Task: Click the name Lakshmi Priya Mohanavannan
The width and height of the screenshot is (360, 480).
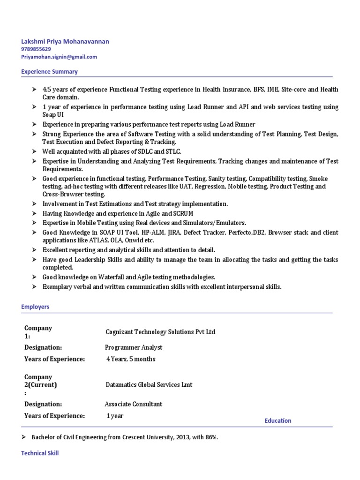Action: click(x=65, y=41)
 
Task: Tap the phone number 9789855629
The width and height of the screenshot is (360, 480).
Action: click(x=36, y=49)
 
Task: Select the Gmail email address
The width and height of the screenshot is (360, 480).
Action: click(x=59, y=57)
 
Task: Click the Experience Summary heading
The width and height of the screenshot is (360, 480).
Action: click(x=49, y=72)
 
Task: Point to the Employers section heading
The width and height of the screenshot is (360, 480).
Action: click(x=35, y=307)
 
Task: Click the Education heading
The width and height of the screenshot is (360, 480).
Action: click(x=277, y=420)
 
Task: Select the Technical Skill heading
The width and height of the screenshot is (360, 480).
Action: click(x=40, y=453)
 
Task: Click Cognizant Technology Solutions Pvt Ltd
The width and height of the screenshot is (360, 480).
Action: click(x=161, y=332)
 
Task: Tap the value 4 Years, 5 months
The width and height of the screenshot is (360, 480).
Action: click(x=131, y=359)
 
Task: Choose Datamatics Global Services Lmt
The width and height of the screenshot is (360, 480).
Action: click(x=149, y=385)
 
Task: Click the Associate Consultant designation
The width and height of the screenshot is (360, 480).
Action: click(x=134, y=404)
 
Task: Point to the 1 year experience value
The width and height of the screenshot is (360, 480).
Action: click(x=115, y=416)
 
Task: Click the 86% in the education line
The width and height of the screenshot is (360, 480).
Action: click(x=211, y=437)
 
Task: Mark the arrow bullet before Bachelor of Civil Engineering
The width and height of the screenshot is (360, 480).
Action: click(x=24, y=437)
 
